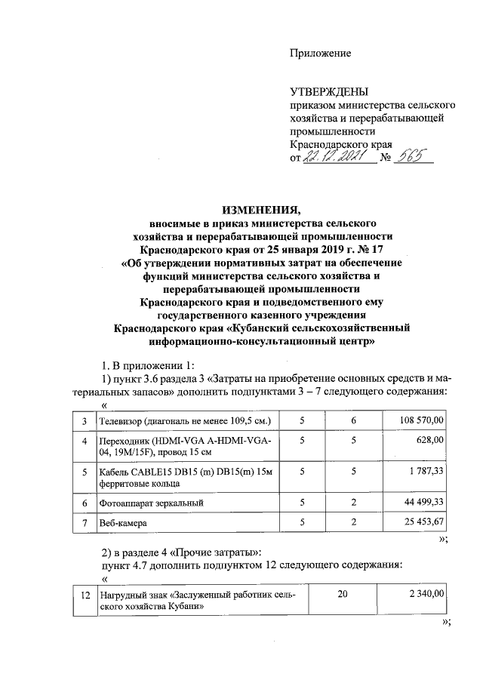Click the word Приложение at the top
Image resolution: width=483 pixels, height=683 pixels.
point(321,53)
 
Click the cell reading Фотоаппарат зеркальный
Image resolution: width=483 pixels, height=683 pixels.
point(152,502)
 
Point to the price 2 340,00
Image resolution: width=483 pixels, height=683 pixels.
point(424,595)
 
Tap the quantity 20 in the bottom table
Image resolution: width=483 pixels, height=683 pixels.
point(343,595)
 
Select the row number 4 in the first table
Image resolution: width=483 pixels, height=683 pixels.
point(85,440)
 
